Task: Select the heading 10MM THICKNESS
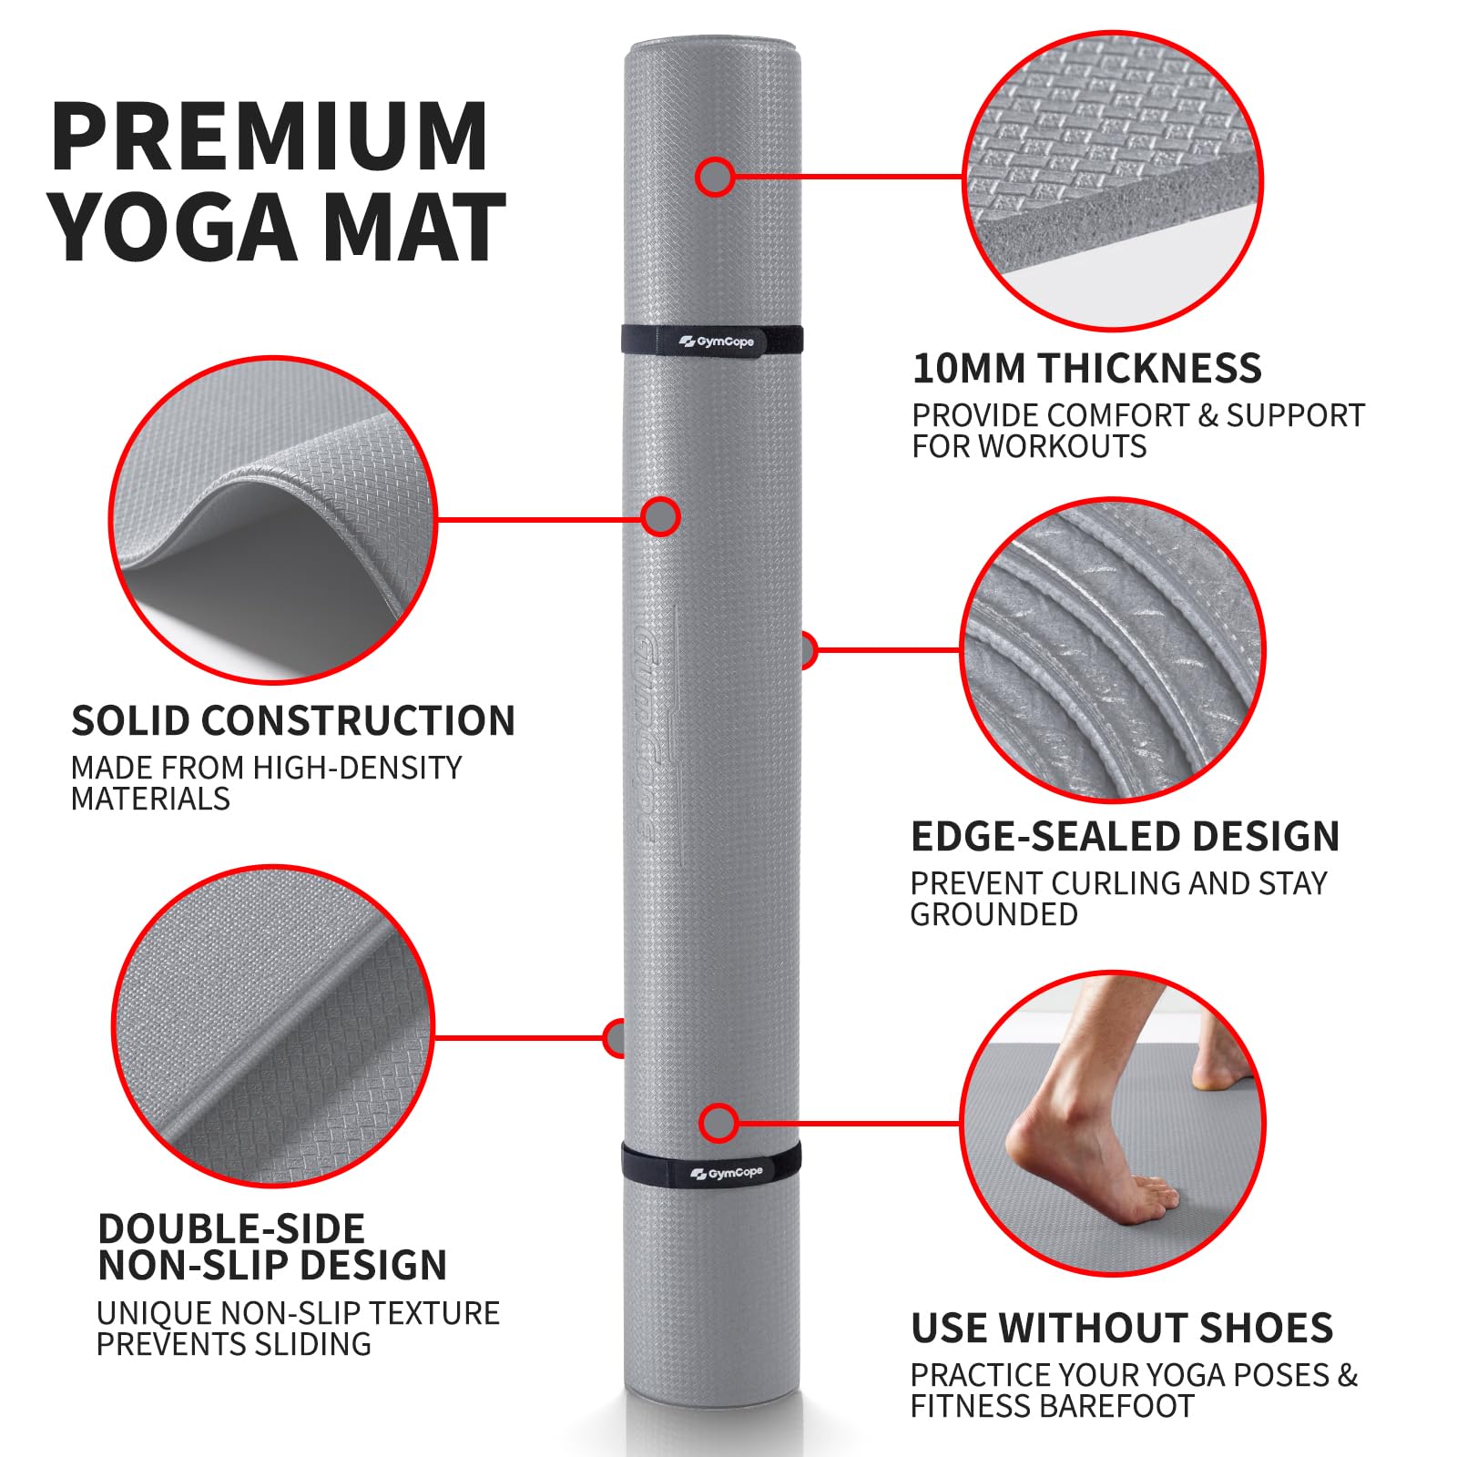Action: [1086, 368]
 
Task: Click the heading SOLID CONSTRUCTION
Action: [293, 720]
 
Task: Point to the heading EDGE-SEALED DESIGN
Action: [1125, 836]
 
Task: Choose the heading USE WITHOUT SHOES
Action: [1122, 1328]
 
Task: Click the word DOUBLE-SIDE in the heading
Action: [231, 1228]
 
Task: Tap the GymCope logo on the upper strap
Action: [717, 341]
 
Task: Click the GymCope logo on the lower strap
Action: [727, 1173]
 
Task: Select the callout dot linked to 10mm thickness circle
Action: [715, 177]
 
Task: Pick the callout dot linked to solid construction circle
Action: [660, 517]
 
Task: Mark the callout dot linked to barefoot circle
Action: [718, 1124]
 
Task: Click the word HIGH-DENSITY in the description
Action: [357, 768]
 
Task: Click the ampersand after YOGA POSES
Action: [1347, 1375]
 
